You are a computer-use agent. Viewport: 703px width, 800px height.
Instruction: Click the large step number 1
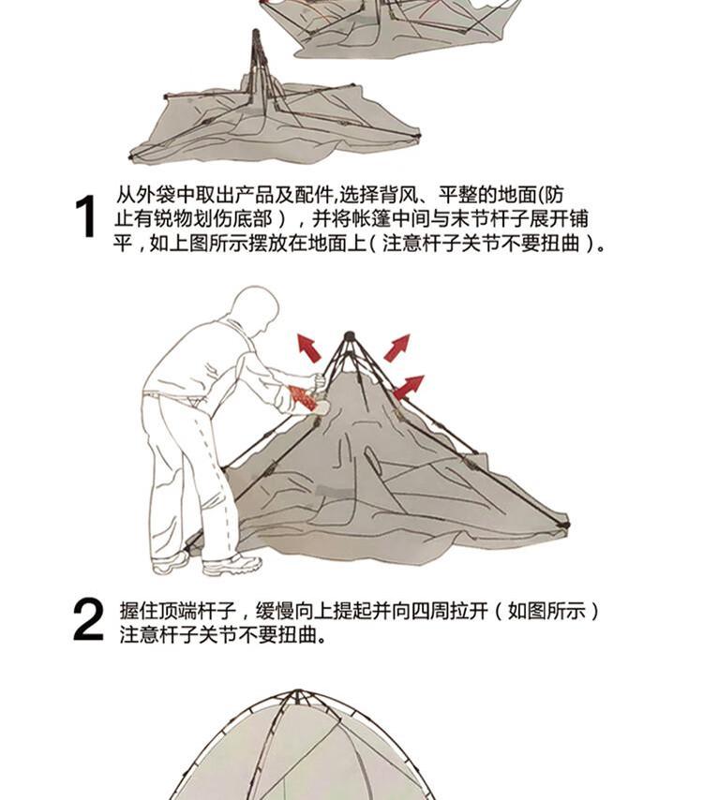click(x=86, y=216)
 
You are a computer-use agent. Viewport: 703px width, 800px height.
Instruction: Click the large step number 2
click(x=88, y=619)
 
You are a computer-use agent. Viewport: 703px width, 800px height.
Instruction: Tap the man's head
click(x=254, y=309)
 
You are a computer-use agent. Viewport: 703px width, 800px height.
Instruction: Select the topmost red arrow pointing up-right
click(x=397, y=348)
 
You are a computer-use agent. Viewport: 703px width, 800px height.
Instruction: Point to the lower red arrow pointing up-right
click(x=408, y=387)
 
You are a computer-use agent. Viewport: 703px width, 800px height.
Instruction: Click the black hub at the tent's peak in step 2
click(x=350, y=336)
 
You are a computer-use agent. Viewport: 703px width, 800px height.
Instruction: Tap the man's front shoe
click(x=232, y=565)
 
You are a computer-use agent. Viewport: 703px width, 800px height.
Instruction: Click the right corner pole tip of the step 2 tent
click(x=564, y=525)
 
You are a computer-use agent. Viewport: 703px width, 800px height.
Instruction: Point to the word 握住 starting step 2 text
click(x=139, y=610)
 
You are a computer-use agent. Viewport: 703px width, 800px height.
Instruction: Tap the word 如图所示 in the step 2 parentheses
click(x=546, y=610)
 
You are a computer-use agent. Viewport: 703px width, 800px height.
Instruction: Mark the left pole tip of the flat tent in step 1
click(x=131, y=157)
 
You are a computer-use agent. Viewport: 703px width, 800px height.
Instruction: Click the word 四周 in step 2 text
click(x=430, y=610)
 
